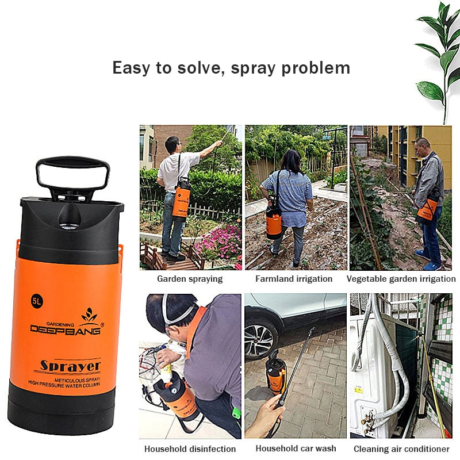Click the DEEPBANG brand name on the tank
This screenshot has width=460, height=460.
[x=66, y=328]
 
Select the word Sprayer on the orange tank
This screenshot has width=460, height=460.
[x=70, y=365]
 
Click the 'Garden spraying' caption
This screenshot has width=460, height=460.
[x=190, y=279]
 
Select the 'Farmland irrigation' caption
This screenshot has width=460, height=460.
[x=294, y=279]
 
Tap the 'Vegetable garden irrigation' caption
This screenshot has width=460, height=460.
[x=401, y=279]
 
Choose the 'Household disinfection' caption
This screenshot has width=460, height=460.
[x=190, y=448]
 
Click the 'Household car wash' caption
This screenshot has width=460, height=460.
[x=296, y=448]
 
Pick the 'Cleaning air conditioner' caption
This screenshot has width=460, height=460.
[x=401, y=448]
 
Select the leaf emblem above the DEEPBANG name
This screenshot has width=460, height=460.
[x=89, y=314]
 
